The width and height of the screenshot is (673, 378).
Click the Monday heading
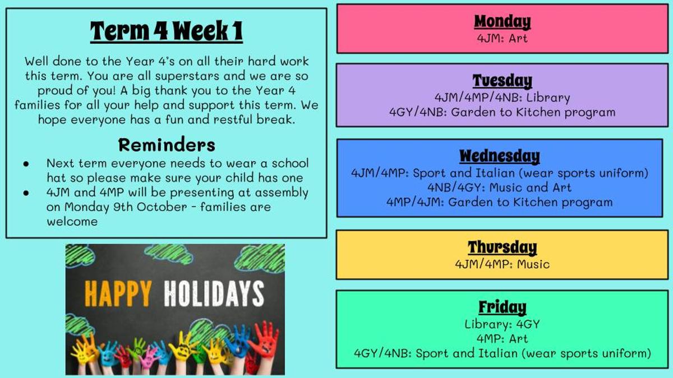click(503, 22)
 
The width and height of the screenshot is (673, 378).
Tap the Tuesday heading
click(503, 81)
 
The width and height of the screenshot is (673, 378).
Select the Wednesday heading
click(500, 156)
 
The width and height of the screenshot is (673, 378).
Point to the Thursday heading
click(502, 248)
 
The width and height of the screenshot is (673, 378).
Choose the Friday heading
click(503, 307)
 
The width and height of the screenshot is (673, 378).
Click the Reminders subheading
click(167, 145)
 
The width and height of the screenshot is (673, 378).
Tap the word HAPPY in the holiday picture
click(118, 293)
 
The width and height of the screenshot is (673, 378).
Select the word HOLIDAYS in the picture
click(214, 293)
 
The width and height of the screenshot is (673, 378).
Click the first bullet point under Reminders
click(26, 164)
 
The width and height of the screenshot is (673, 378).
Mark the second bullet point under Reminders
click(26, 193)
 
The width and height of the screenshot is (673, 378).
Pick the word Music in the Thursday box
click(533, 264)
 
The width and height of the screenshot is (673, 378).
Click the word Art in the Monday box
click(518, 39)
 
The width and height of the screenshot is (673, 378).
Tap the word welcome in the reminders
click(72, 222)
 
